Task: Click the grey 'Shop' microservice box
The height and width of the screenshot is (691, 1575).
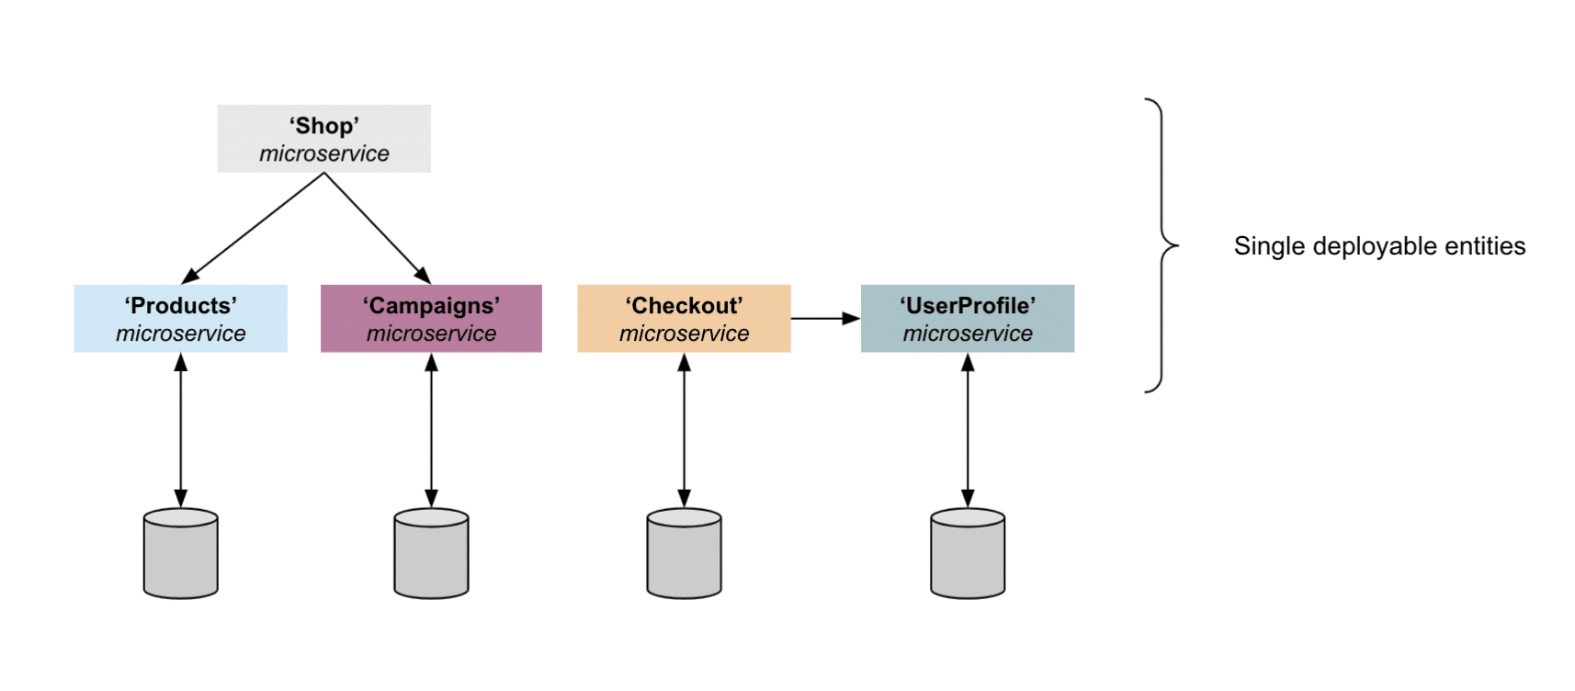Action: pyautogui.click(x=323, y=138)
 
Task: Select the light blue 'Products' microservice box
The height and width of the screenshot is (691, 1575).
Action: pyautogui.click(x=180, y=318)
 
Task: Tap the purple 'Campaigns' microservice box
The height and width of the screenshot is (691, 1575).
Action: pyautogui.click(x=431, y=318)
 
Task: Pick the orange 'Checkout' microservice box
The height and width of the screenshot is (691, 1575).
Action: pyautogui.click(x=684, y=318)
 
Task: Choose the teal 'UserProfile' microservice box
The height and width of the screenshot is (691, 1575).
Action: pyautogui.click(x=967, y=318)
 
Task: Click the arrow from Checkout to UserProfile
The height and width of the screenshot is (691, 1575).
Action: pyautogui.click(x=824, y=319)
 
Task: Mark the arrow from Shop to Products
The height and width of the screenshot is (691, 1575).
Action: pyautogui.click(x=255, y=227)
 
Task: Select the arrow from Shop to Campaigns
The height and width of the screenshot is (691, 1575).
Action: pyautogui.click(x=377, y=227)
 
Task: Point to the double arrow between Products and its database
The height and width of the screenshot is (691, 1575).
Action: pyautogui.click(x=180, y=430)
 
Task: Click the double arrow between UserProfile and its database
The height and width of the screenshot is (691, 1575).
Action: pyautogui.click(x=967, y=430)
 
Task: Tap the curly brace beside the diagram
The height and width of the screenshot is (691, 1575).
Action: pyautogui.click(x=1162, y=245)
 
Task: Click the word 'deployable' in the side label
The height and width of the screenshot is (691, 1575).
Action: pyautogui.click(x=1375, y=246)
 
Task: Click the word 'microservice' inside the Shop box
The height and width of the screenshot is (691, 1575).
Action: pyautogui.click(x=323, y=153)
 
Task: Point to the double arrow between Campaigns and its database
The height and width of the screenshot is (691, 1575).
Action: pyautogui.click(x=431, y=430)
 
